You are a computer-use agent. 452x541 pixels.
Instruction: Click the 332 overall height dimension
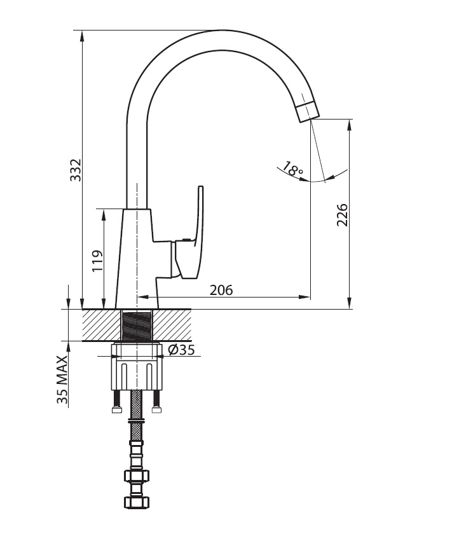(x=75, y=170)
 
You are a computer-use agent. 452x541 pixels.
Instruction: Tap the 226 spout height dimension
(x=342, y=215)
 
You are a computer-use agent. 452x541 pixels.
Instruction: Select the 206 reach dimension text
(x=221, y=290)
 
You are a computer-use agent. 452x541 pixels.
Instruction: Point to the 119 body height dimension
(x=97, y=261)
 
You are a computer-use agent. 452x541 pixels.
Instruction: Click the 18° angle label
(x=292, y=168)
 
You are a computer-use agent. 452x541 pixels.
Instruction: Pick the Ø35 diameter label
(x=181, y=350)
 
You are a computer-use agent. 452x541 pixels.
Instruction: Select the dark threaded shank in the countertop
(x=137, y=325)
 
